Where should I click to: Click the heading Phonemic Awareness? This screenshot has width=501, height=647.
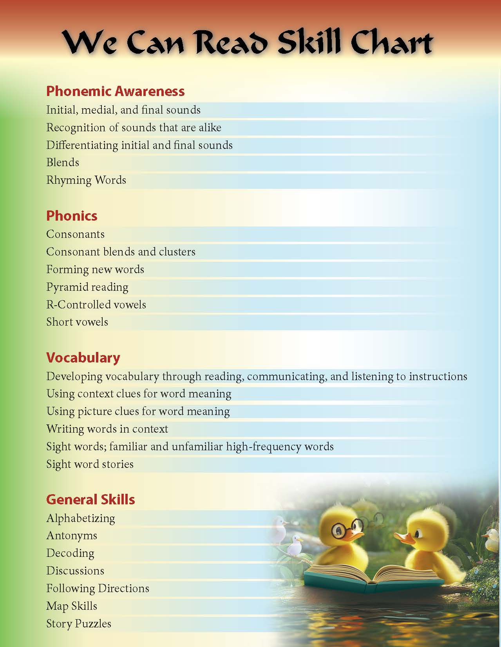[x=115, y=91]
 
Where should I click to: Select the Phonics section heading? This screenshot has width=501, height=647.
[x=72, y=216]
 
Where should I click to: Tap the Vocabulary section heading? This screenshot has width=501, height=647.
[x=83, y=357]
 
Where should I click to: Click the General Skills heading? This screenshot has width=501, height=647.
[x=90, y=499]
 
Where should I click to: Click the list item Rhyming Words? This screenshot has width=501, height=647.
[x=86, y=180]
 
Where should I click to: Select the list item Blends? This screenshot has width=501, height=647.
[x=63, y=163]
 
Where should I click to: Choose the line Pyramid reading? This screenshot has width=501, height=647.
[x=87, y=287]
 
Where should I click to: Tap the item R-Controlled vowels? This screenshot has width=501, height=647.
[x=96, y=304]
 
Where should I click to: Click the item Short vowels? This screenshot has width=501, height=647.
[x=77, y=322]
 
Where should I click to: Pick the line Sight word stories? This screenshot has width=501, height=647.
[x=90, y=464]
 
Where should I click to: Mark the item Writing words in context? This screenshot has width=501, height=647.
[x=107, y=429]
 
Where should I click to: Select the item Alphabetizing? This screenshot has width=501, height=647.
[x=81, y=518]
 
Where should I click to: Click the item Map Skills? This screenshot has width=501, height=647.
[x=72, y=606]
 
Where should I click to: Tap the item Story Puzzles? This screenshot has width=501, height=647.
[x=79, y=623]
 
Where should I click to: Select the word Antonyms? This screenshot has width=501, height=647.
[x=72, y=536]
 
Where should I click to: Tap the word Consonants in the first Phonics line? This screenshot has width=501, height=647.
[x=75, y=234]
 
